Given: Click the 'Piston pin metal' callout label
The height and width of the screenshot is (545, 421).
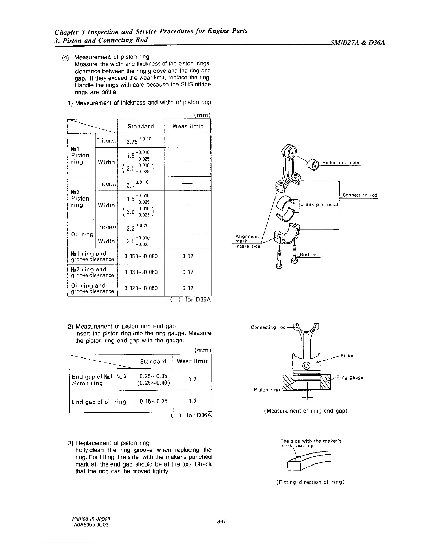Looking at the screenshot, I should [342, 163].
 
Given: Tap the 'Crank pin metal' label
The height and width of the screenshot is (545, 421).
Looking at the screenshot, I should [319, 204].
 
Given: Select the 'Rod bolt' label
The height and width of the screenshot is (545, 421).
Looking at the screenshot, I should [310, 255].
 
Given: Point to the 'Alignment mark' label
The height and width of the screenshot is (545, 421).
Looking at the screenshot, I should [247, 238].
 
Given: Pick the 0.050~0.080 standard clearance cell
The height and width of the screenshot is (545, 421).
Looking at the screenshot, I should [141, 256].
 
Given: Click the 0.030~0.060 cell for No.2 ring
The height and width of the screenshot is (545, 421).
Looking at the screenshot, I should [141, 272].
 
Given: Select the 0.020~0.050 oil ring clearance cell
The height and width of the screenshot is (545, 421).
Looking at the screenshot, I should [141, 288].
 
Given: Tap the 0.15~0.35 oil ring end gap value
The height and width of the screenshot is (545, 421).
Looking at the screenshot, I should [153, 401].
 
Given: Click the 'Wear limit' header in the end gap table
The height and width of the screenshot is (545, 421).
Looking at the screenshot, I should [192, 361].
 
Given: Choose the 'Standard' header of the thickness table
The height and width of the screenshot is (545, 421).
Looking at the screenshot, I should [141, 126].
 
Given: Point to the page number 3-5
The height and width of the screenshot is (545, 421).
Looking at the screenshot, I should [221, 522].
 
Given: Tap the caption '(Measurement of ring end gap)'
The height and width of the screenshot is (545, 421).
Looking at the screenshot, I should [305, 411].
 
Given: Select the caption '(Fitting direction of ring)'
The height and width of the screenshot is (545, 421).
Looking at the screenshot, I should [310, 482].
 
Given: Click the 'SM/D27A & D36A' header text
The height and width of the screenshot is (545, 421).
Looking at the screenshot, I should [357, 43].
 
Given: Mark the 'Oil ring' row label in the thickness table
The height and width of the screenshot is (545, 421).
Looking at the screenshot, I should [82, 234].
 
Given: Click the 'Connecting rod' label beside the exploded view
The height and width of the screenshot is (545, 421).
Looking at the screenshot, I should [360, 195].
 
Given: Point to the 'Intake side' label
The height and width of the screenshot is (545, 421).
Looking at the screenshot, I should [248, 246].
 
